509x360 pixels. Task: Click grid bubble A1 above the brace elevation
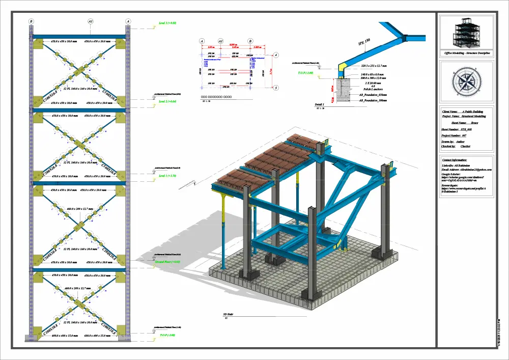point(91,22)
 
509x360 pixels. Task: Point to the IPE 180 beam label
point(364,43)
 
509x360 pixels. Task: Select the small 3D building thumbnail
point(465,32)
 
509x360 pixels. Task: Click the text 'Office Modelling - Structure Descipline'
point(466,53)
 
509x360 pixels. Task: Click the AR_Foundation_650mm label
point(373,95)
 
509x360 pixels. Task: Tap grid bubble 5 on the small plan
point(276,88)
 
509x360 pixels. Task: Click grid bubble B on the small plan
point(250,40)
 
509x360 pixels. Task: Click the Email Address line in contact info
point(466,170)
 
